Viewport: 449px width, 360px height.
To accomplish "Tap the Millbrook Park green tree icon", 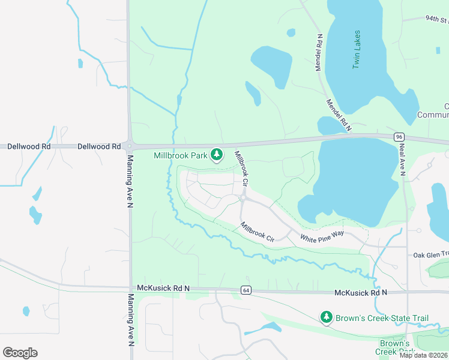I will (217, 155).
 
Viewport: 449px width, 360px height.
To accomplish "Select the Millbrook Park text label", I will (180, 155).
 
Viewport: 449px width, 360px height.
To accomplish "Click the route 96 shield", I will (399, 137).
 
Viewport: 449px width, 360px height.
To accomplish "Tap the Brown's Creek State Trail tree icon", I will (326, 316).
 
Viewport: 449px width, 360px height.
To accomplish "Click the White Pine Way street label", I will (322, 236).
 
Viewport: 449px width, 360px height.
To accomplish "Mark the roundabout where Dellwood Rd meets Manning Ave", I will (130, 146).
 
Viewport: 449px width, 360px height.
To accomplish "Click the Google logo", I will (20, 352).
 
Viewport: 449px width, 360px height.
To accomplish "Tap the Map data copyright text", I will (423, 355).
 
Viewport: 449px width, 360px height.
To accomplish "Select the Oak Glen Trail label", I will (430, 254).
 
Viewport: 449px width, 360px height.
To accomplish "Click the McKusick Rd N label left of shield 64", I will (163, 289).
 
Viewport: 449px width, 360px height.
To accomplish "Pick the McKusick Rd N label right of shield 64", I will (360, 292).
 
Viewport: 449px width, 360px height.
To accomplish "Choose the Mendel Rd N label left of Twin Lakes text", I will (319, 52).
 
